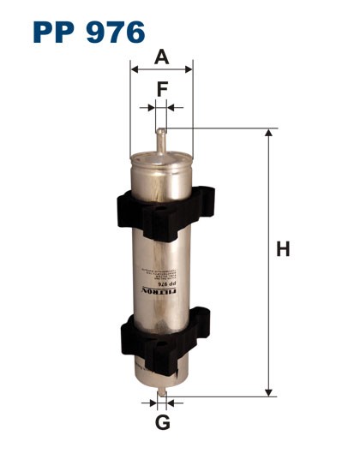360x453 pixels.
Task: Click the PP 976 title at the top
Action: point(88,32)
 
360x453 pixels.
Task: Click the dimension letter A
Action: point(162,57)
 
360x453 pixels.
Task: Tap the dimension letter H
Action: point(284,249)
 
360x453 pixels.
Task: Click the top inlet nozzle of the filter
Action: point(161,139)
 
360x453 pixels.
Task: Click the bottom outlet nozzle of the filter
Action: point(161,395)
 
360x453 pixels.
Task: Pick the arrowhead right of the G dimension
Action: point(171,402)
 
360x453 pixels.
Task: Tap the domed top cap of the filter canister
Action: point(161,158)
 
